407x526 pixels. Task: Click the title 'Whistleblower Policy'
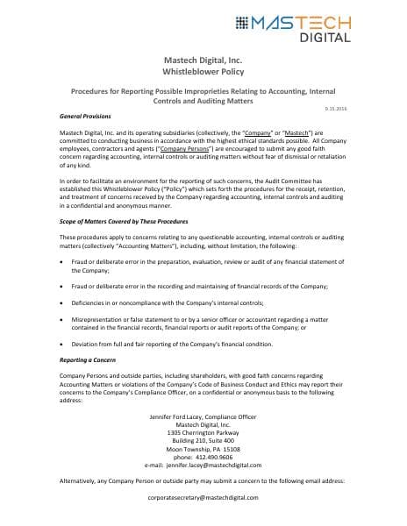[203, 70]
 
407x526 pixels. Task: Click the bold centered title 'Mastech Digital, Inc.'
[203, 58]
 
